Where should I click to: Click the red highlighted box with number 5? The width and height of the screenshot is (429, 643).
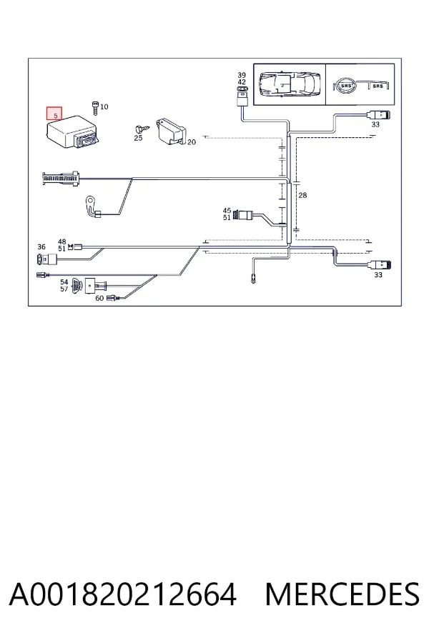pos(54,114)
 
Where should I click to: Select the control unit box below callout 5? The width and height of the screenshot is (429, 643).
pos(71,131)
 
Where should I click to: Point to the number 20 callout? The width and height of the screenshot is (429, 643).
pos(192,142)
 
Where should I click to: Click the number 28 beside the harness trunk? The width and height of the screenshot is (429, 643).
pos(302,195)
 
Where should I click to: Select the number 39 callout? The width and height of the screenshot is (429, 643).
pos(242,75)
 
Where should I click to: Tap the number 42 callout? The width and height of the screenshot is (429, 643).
pos(242,81)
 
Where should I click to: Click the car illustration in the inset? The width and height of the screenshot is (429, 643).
pos(290,84)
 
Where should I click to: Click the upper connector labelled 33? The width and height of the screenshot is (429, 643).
pos(379,115)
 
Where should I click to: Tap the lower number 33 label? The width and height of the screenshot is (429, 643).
pos(378,275)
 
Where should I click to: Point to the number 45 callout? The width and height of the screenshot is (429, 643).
pos(227,211)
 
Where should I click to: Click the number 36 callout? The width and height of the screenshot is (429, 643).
pos(41,247)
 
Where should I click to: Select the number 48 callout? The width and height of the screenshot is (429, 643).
pos(62,242)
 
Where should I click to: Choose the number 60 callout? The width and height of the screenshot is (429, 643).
pos(99,298)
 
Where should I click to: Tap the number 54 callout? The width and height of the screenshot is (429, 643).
pos(64,282)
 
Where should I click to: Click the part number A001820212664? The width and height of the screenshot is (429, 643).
pos(123,594)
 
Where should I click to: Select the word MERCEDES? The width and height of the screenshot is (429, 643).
pos(342,594)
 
